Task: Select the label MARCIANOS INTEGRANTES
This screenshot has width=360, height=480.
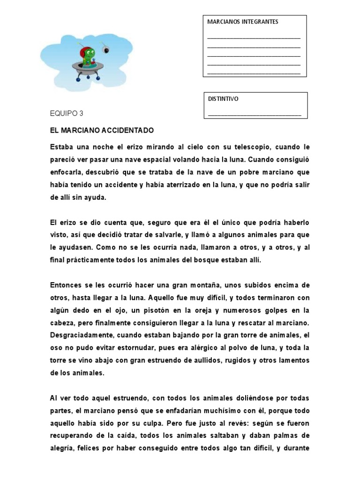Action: (242, 22)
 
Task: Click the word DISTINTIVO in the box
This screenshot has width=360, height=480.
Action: (223, 99)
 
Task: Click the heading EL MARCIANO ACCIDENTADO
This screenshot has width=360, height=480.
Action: (102, 130)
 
